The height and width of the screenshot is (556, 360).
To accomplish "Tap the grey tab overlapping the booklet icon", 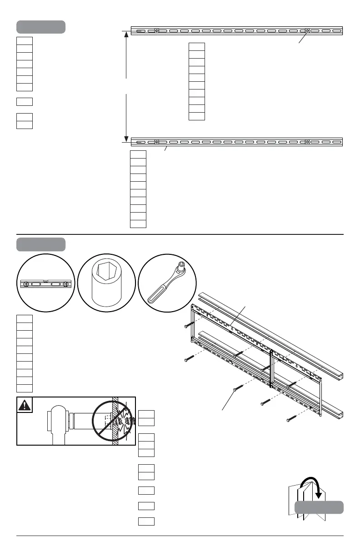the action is coord(319,507).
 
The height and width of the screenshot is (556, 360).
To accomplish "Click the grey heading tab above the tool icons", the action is coord(41,244).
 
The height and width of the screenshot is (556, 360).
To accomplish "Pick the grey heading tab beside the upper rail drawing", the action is coord(41,27).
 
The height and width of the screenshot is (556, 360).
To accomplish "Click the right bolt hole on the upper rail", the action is coord(307,31).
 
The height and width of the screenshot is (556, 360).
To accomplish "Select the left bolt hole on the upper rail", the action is coord(156,31).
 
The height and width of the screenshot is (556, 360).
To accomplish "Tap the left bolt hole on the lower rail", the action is coord(156,141).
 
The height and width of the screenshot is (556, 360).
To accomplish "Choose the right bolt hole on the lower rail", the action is coord(307,141).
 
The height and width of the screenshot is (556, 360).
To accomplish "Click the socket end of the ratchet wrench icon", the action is coord(181,265).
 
